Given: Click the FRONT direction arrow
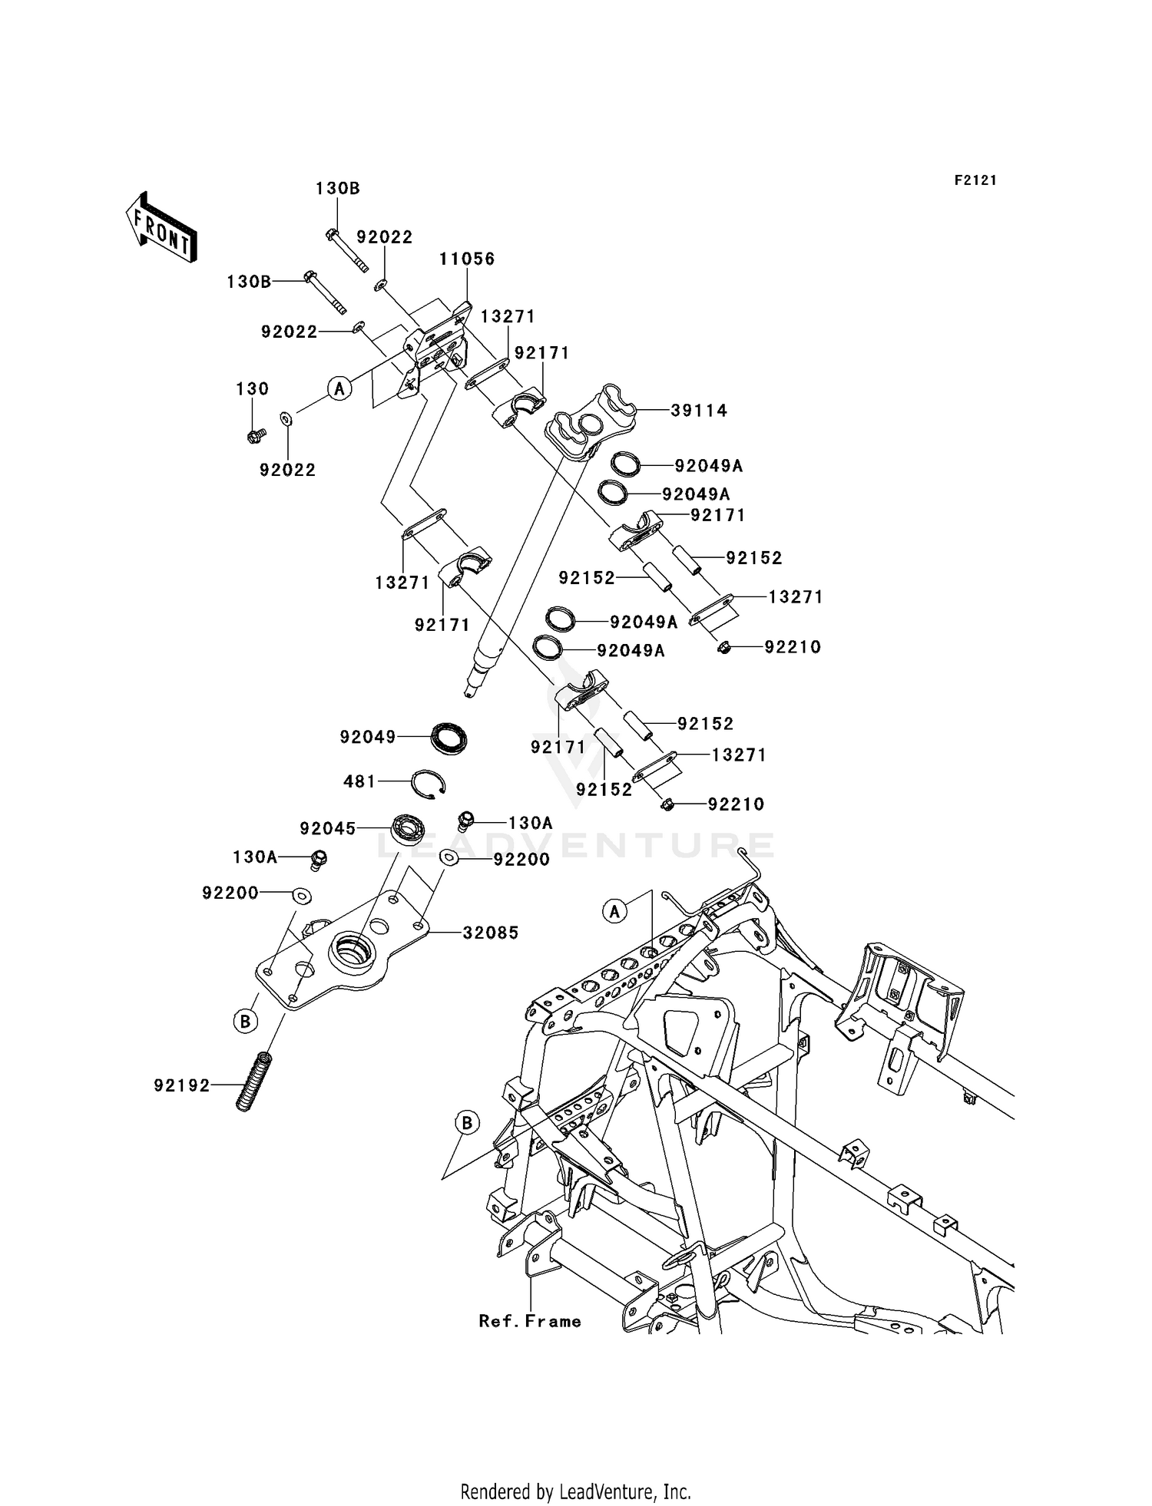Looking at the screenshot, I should point(161,227).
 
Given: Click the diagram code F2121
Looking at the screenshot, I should point(975,180).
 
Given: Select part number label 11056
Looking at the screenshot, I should point(467,259).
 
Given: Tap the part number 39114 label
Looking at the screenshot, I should point(699,411).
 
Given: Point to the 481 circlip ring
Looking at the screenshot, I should point(428,784).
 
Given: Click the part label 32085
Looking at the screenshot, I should point(491,933).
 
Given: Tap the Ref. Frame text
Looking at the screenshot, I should point(530,1321).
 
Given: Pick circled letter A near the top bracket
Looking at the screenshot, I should point(339,388).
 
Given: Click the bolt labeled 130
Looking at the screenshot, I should point(255,436).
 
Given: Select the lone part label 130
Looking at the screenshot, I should point(252,389).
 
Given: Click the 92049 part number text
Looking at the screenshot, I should point(368,738).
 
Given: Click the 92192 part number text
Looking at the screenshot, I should point(182,1085).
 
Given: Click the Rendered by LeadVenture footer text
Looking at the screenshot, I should point(575,1491).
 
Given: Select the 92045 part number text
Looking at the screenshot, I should point(328,829).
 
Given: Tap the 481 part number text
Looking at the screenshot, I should point(359,781).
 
